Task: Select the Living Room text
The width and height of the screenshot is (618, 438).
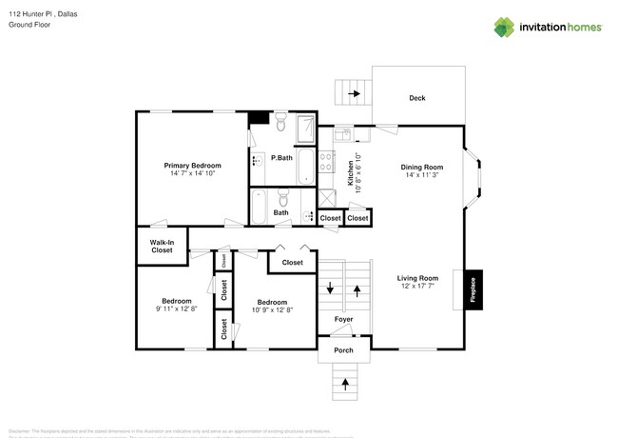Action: coord(417,278)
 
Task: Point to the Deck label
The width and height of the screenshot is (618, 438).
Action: coord(416,98)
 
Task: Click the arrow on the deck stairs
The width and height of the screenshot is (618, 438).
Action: coord(355,93)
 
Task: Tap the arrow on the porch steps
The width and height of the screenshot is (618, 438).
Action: coord(343,385)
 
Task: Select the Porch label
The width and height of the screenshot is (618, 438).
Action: coord(343,350)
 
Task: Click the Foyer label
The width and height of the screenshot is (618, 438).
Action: coord(343,318)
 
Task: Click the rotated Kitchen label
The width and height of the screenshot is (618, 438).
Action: coord(350,172)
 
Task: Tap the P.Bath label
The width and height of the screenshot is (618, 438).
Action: coord(281,157)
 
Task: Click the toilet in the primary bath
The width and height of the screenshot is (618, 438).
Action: coord(282,125)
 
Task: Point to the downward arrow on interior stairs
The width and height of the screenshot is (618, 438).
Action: coord(330,289)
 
